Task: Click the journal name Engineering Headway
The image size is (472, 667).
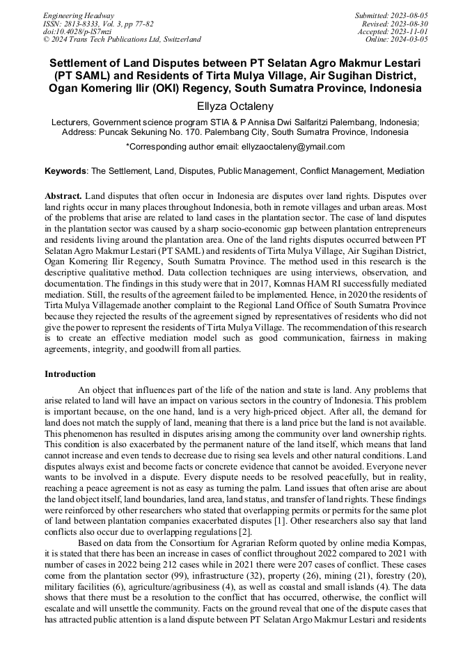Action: click(x=79, y=15)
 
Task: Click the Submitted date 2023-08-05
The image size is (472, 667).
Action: click(x=409, y=15)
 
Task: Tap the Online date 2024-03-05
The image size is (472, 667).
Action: click(x=409, y=40)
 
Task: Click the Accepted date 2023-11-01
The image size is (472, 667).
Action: click(x=409, y=31)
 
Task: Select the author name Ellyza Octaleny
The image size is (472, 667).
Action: click(x=235, y=106)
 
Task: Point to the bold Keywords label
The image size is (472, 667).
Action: click(x=65, y=170)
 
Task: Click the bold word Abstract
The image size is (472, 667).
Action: click(x=63, y=197)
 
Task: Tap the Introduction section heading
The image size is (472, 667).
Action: click(x=70, y=374)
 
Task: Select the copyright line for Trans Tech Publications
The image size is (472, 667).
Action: click(x=122, y=40)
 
